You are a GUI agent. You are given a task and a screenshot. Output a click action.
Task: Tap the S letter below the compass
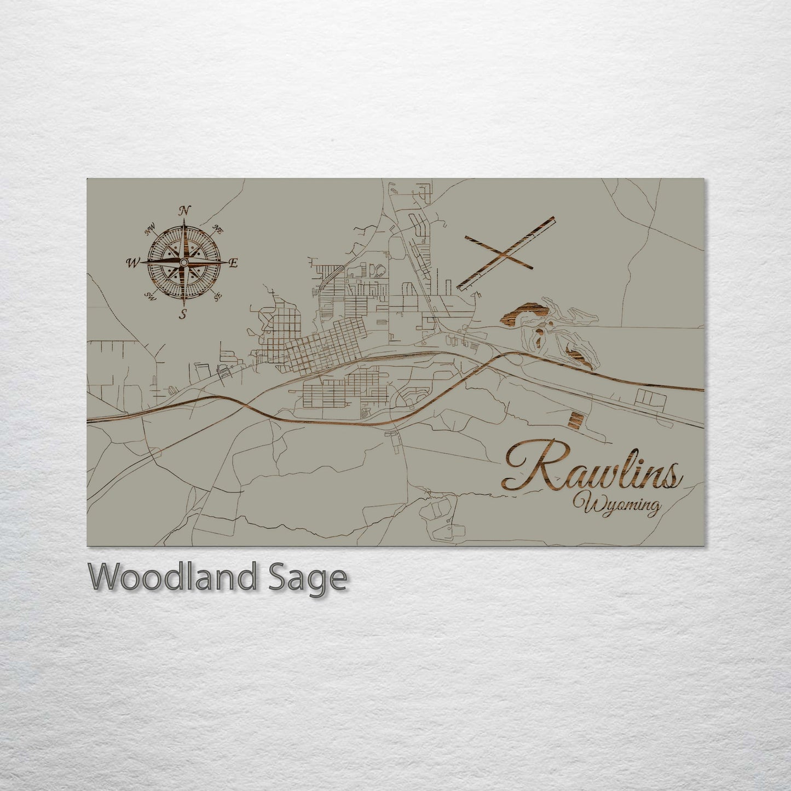pyautogui.click(x=184, y=314)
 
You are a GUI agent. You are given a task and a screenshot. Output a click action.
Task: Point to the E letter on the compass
pyautogui.click(x=233, y=263)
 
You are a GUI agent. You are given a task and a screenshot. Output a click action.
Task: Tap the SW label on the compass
pyautogui.click(x=149, y=296)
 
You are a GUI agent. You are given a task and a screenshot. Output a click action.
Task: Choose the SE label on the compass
pyautogui.click(x=217, y=296)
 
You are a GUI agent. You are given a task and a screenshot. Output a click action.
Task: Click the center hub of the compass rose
pyautogui.click(x=184, y=263)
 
